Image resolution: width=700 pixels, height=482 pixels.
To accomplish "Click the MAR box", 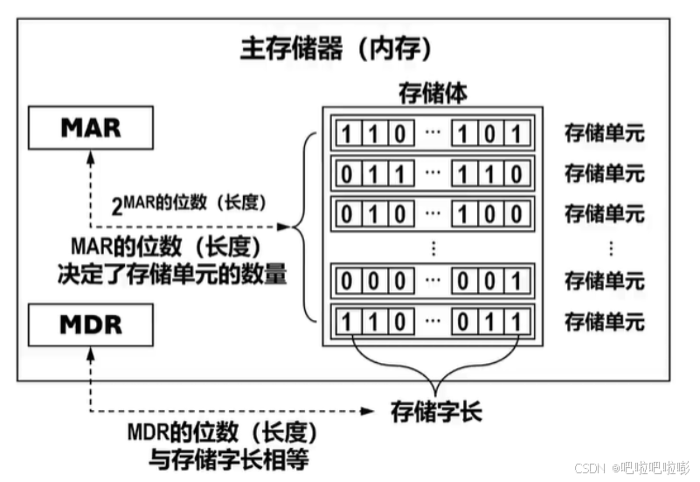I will click(91, 128).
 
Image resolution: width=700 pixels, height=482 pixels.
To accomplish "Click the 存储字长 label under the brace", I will click(434, 409).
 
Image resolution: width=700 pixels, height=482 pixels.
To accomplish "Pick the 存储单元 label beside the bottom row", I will click(604, 321).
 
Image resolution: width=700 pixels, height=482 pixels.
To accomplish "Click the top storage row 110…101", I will click(433, 134).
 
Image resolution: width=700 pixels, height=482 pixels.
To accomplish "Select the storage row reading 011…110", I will click(433, 173).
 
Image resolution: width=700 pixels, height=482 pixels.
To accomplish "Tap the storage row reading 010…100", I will click(433, 213).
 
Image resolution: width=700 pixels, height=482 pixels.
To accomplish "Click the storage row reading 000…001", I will click(433, 282).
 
